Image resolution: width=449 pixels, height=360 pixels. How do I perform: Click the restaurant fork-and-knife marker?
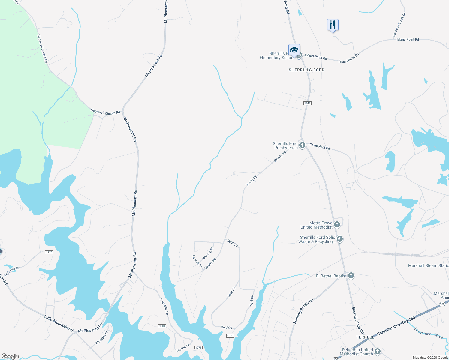tap(333, 25)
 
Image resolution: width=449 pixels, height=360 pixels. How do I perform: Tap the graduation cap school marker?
tap(294, 50)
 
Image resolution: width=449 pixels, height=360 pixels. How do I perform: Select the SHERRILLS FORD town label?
tap(306, 70)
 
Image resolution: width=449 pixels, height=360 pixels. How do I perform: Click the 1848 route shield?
tap(307, 103)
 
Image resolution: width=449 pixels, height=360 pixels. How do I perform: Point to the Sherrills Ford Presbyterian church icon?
tap(302, 145)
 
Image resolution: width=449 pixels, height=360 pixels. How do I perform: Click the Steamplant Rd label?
tap(319, 146)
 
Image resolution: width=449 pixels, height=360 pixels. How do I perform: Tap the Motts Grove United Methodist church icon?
tap(337, 224)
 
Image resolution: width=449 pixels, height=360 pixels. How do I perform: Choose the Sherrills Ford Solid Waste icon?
tap(340, 239)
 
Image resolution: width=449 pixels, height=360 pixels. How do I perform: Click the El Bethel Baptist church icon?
tap(351, 276)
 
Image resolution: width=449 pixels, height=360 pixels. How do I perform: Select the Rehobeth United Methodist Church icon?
tap(378, 352)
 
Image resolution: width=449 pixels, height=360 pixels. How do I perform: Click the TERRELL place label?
tap(365, 337)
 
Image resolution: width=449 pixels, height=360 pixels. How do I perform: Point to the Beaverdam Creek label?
tap(429, 333)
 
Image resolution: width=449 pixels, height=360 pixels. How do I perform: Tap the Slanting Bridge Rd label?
tap(303, 311)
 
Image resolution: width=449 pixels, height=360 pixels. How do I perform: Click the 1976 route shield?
tap(230, 336)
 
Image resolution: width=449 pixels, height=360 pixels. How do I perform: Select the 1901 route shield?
tap(162, 326)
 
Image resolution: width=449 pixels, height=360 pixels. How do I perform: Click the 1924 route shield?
tap(49, 252)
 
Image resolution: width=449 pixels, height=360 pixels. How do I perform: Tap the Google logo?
tap(10, 356)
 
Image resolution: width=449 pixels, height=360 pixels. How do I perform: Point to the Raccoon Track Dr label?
tap(399, 25)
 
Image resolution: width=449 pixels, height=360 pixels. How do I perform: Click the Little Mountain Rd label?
tap(59, 323)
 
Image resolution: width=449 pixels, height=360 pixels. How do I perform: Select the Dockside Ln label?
tap(164, 306)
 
